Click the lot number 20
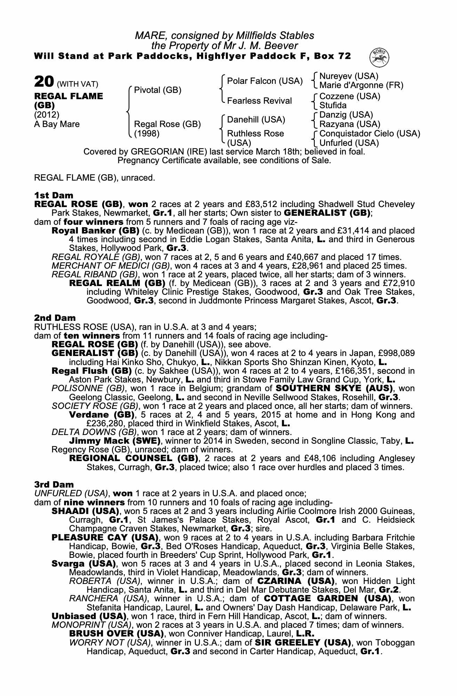tap(43, 82)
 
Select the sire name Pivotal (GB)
tap(158, 90)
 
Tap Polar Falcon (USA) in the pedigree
tap(265, 81)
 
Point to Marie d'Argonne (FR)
tap(361, 85)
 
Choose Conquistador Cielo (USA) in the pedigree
tap(370, 134)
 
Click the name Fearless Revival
tap(259, 101)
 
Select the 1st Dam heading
tap(49, 195)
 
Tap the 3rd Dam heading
tap(49, 484)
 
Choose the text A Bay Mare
tap(57, 124)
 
